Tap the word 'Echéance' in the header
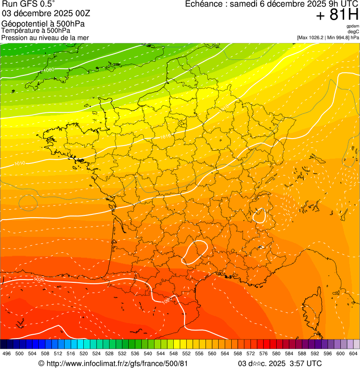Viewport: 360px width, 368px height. pos(203,4)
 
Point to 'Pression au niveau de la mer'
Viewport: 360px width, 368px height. pos(45,37)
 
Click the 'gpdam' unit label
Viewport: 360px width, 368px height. pos(353,26)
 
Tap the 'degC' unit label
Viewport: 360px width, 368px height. pos(353,31)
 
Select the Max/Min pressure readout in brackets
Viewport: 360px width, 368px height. pos(328,37)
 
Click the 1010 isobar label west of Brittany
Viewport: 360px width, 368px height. pos(20,163)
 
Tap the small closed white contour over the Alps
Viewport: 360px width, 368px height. pos(259,216)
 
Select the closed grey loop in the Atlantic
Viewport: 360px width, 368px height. pos(28,202)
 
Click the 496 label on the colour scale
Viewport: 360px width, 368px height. pos(7,353)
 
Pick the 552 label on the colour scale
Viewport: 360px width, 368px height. pos(186,353)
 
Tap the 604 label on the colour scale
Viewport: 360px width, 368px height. pos(353,353)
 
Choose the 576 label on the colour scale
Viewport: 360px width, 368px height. pos(264,353)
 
